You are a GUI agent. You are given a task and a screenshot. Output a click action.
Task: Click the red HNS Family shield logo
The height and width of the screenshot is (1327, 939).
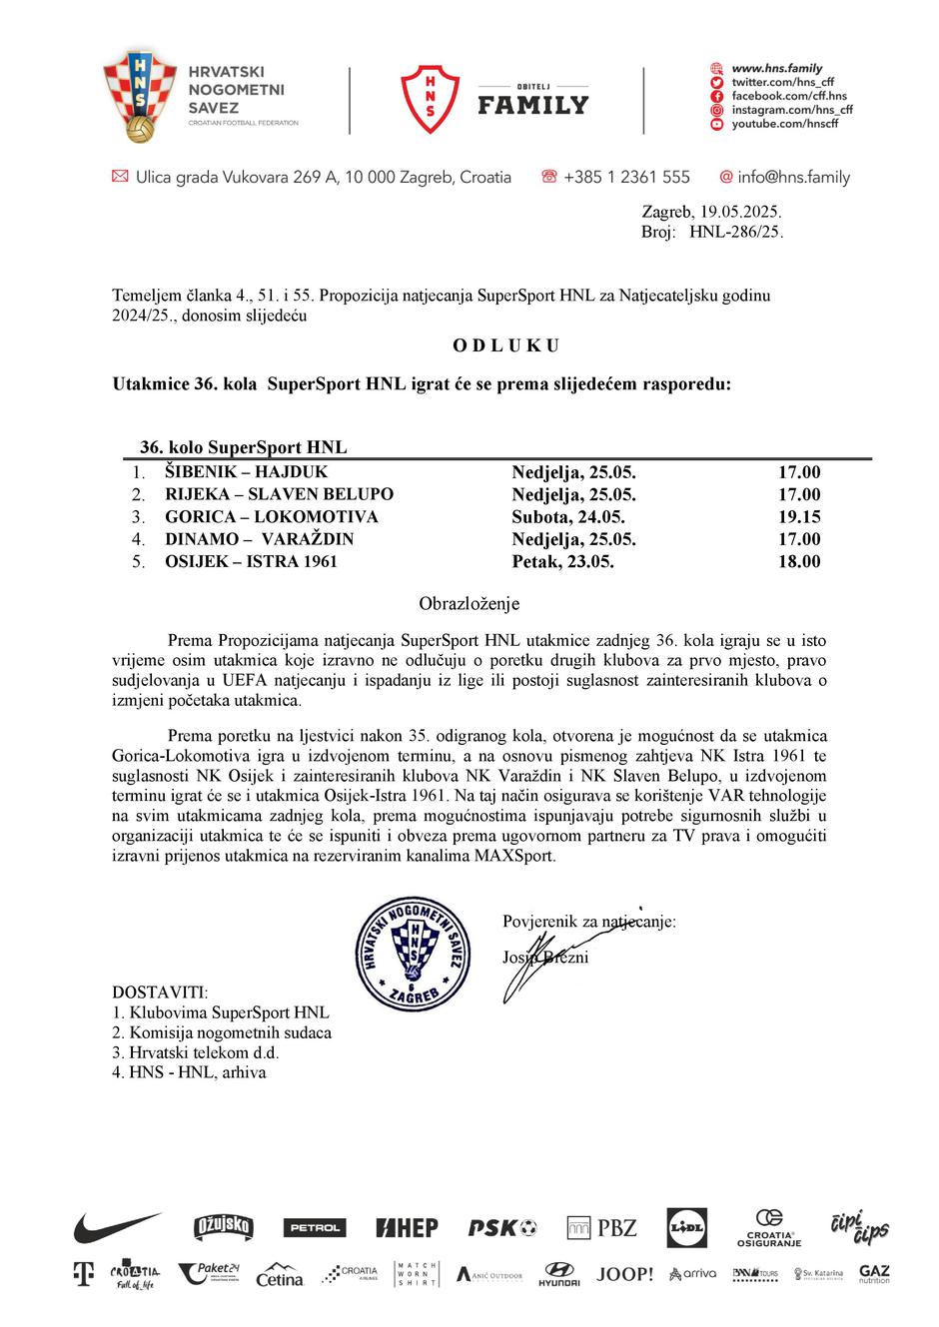(431, 99)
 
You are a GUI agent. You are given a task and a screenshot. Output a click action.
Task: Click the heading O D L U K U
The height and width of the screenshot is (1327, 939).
(505, 345)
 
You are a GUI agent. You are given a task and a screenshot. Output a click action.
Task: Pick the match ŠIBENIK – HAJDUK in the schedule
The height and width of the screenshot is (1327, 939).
(246, 472)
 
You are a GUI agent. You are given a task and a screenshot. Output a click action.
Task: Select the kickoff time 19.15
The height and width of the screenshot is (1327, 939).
(799, 517)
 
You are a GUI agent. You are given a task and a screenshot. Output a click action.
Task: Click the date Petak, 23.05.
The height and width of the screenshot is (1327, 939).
(562, 562)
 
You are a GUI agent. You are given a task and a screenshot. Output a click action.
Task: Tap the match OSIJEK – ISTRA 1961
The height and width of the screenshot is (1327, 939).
(251, 562)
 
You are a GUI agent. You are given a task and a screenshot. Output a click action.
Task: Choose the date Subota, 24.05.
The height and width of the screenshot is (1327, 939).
(568, 517)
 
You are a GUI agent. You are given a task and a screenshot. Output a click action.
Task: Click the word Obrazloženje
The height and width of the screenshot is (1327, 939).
(469, 604)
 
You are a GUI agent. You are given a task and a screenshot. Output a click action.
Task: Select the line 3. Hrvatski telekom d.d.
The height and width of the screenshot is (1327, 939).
(196, 1052)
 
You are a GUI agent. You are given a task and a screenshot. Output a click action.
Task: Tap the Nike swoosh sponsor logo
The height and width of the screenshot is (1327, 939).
(116, 1226)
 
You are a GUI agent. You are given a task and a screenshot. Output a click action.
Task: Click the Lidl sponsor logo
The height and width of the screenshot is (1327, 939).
(686, 1227)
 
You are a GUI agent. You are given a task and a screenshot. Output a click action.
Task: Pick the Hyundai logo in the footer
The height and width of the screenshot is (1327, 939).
(558, 1274)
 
